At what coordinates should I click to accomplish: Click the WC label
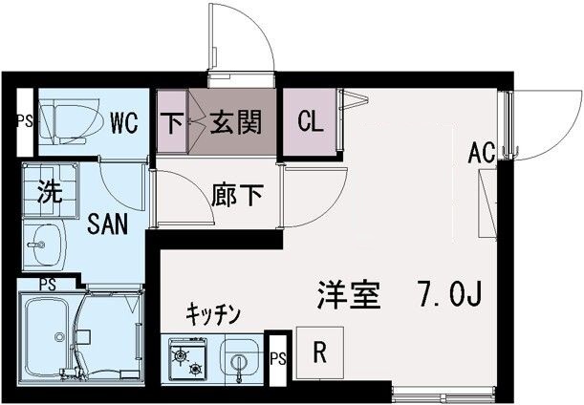[125, 122]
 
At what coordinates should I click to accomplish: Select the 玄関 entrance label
[235, 122]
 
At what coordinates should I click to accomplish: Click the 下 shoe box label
[173, 122]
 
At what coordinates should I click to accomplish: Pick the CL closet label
[310, 122]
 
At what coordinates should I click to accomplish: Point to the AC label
[483, 153]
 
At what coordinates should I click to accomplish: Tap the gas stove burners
[187, 360]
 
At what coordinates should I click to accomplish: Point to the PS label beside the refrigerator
[278, 360]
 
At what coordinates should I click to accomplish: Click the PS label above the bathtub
[46, 283]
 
